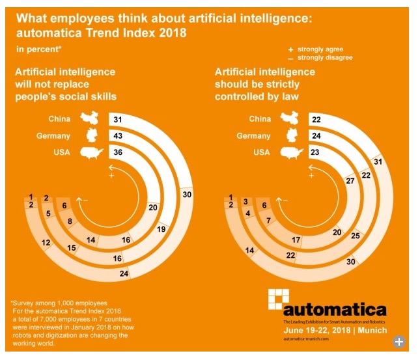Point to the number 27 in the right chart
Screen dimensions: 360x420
click(x=350, y=181)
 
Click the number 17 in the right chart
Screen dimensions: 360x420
click(x=296, y=240)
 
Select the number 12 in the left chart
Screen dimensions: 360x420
click(x=46, y=243)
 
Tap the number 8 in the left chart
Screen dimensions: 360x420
click(x=71, y=221)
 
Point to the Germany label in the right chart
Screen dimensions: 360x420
click(x=253, y=136)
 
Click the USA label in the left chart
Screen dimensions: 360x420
click(x=61, y=153)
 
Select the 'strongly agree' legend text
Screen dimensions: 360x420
click(x=320, y=49)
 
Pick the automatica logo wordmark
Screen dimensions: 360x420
click(x=334, y=309)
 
